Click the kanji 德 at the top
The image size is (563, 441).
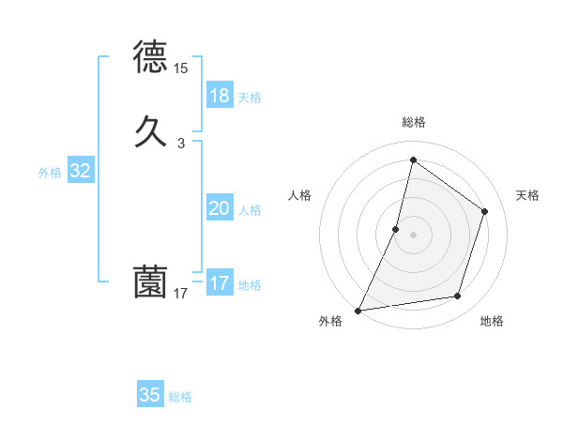(151, 58)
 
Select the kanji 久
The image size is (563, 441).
(151, 129)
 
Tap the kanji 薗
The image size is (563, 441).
(151, 281)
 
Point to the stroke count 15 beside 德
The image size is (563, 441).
(180, 68)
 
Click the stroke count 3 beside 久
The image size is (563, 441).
(180, 143)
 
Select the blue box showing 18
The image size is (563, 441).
(220, 96)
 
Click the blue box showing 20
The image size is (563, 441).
(220, 209)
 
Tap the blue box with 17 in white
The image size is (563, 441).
(220, 283)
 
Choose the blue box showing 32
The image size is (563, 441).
(80, 171)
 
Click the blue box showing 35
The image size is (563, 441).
(150, 395)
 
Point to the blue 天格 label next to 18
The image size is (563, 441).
(250, 98)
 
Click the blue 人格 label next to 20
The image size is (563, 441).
(250, 210)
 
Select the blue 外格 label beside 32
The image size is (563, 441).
(50, 173)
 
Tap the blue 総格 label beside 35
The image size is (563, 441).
(180, 397)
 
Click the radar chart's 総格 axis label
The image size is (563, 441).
(413, 122)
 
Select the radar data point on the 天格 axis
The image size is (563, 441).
(485, 211)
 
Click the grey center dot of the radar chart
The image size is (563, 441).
(413, 235)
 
